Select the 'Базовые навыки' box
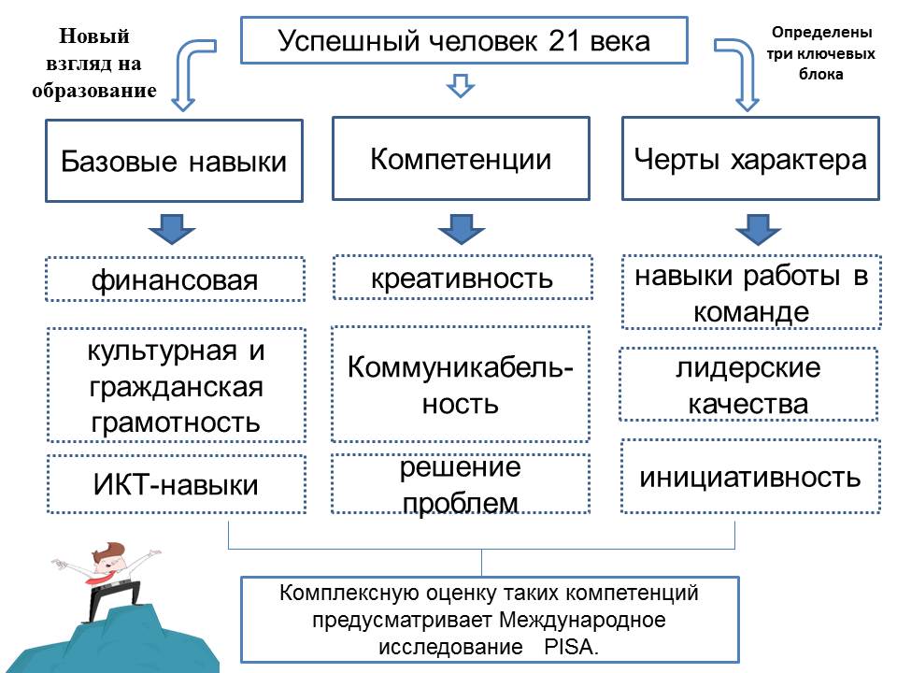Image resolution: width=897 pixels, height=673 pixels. point(174,161)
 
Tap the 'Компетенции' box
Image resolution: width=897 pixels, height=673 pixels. point(461,158)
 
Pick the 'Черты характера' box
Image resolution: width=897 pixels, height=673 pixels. point(750,158)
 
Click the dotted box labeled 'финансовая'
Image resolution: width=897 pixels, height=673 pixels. point(175,279)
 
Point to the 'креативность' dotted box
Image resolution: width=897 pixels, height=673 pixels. point(462,278)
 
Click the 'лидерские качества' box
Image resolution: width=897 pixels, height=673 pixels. point(748,385)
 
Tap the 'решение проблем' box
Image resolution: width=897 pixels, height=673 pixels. point(461,484)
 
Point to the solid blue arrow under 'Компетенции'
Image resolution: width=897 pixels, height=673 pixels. point(460,227)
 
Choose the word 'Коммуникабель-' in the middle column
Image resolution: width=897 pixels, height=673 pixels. point(461,367)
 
